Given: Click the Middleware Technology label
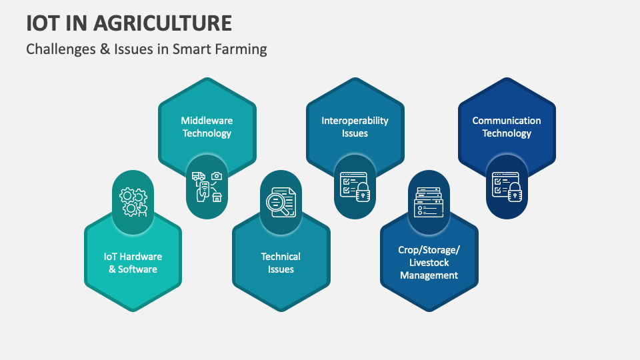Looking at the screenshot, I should pyautogui.click(x=207, y=127).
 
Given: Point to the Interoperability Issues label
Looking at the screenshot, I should pyautogui.click(x=355, y=127).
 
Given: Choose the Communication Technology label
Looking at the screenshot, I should pyautogui.click(x=507, y=127).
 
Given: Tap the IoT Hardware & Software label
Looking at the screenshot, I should pyautogui.click(x=133, y=263).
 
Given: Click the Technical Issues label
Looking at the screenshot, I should pyautogui.click(x=281, y=263).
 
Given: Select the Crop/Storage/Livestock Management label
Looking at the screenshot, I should pyautogui.click(x=429, y=262).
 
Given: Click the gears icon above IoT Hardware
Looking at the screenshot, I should pyautogui.click(x=133, y=202).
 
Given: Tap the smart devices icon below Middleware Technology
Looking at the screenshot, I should pyautogui.click(x=207, y=187).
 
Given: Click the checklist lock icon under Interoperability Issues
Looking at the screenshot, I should pyautogui.click(x=355, y=187).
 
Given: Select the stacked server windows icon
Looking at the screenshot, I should pyautogui.click(x=429, y=202).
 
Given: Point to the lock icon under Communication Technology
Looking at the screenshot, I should pyautogui.click(x=507, y=187).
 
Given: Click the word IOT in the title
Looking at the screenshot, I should pyautogui.click(x=41, y=23).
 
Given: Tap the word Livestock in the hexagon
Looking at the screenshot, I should pyautogui.click(x=429, y=262).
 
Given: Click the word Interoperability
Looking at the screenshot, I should pyautogui.click(x=355, y=121).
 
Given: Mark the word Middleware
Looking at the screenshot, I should pyautogui.click(x=207, y=121).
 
